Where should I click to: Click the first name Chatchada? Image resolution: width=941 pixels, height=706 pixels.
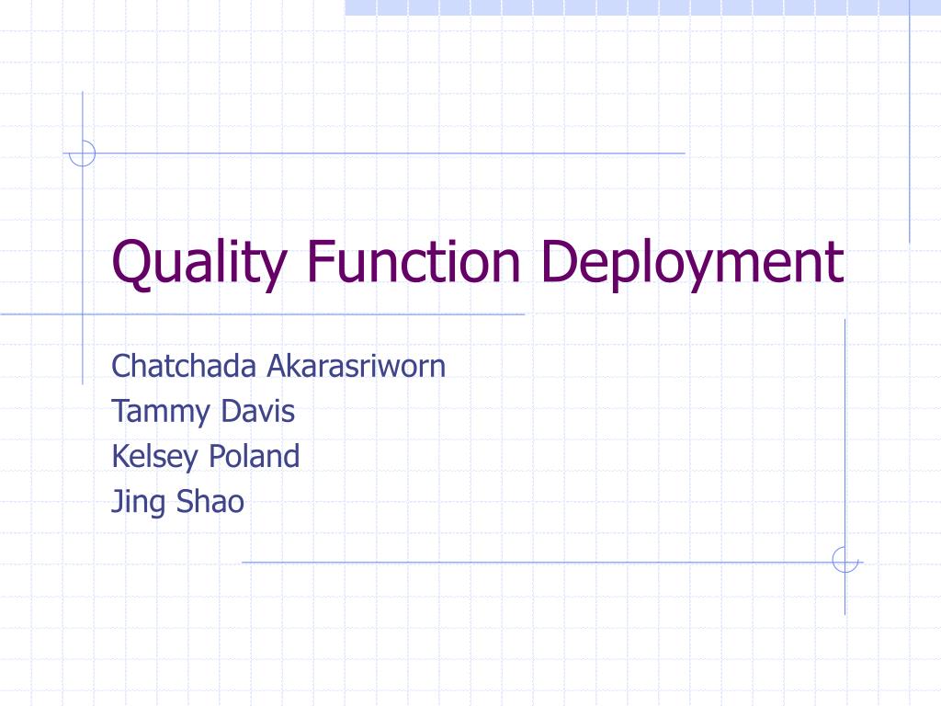point(184,366)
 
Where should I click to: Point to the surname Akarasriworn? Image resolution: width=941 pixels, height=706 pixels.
point(357,366)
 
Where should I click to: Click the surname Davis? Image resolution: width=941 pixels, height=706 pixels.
point(258,411)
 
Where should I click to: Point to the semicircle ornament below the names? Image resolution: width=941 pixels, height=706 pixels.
point(844,560)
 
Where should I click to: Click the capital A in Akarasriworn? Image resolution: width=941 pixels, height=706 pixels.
point(277,366)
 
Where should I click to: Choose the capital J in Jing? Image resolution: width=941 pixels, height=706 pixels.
point(117,502)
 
